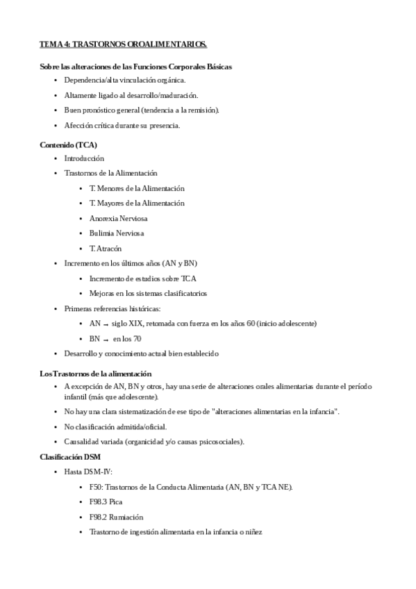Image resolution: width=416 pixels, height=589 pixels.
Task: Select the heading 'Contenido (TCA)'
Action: click(68, 144)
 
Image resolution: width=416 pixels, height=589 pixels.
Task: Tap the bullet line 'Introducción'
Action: click(83, 158)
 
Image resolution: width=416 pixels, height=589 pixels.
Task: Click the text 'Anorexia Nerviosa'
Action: click(118, 218)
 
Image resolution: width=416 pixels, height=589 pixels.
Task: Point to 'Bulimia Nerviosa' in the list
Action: click(117, 233)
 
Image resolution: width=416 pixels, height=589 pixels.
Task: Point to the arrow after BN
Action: click(107, 339)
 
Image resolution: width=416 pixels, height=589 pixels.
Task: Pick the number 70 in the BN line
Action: click(138, 339)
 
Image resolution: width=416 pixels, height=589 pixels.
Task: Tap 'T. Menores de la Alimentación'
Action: click(137, 188)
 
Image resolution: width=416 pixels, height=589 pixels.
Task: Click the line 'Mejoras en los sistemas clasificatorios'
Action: click(148, 293)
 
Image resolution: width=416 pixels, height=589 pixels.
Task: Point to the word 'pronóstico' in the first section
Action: click(101, 110)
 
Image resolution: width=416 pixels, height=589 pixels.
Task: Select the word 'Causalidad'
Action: click(81, 442)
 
